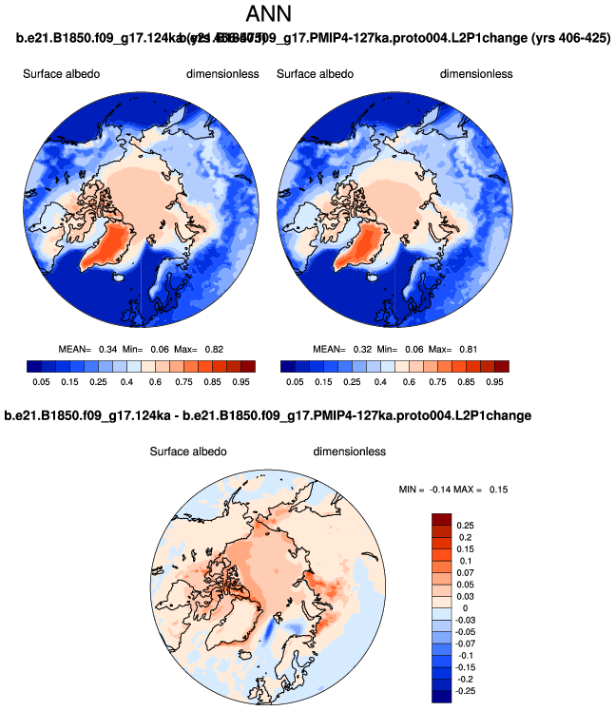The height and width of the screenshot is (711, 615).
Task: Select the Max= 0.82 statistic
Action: click(x=205, y=349)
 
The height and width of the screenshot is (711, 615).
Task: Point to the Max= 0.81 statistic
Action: click(x=459, y=349)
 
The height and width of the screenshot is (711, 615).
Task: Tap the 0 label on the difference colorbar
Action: click(x=464, y=607)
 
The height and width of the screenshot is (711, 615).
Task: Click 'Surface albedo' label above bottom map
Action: click(x=188, y=451)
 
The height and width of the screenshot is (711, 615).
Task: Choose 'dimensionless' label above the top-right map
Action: click(x=475, y=74)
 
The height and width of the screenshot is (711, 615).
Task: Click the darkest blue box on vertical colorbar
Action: click(x=441, y=697)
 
